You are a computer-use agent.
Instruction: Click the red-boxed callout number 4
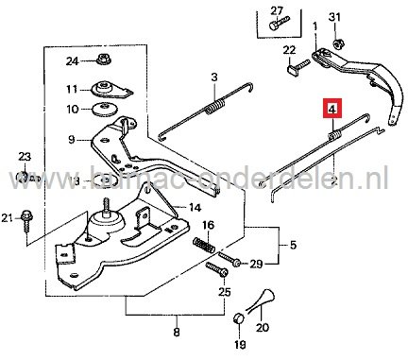(331, 109)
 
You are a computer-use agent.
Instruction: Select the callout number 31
(361, 18)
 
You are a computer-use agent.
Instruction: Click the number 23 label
(25, 156)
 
